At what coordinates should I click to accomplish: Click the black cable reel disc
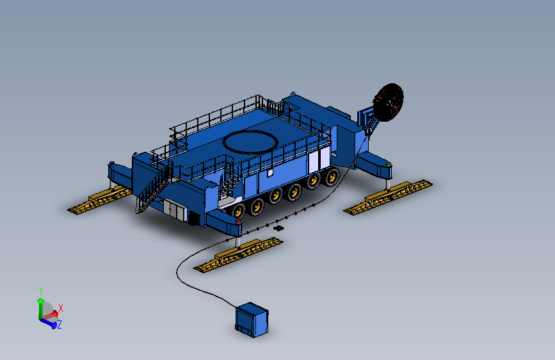389,102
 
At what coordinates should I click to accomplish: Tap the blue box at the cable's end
252,320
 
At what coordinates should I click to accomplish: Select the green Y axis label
41,291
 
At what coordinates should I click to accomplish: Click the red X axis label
61,308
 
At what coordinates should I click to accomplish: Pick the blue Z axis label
59,324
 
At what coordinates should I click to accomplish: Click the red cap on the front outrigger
238,222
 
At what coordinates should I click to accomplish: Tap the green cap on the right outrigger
389,165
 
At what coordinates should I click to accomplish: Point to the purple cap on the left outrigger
112,163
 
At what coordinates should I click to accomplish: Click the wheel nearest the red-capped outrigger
238,211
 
